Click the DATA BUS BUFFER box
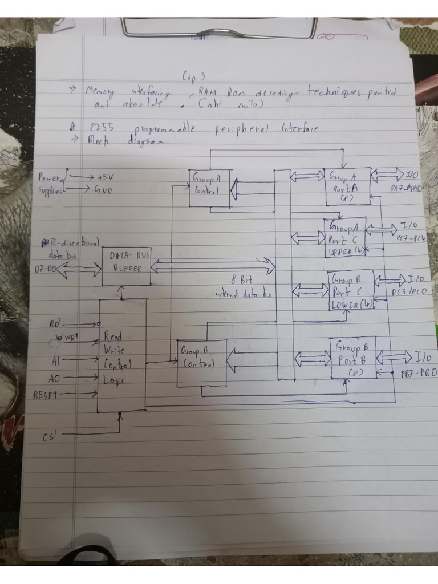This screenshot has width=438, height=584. point(127,266)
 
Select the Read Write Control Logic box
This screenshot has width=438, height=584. point(122,355)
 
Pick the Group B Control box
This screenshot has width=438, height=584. point(201,363)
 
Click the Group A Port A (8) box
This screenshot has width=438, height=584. point(347,186)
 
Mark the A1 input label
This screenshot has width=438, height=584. point(55,360)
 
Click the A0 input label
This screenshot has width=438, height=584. point(55,377)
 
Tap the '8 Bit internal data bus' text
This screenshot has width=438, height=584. point(242,286)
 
